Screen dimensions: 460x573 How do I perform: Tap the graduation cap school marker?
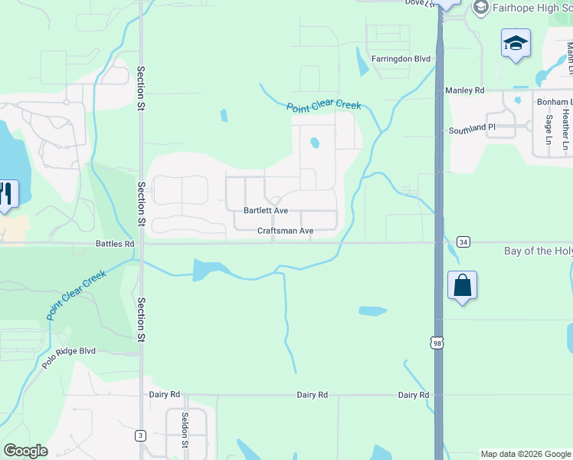516,43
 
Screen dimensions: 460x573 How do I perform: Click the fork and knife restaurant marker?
6,194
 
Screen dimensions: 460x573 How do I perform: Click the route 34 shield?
463,242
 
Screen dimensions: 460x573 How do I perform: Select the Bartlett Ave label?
266,210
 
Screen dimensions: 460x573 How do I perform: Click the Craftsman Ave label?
285,231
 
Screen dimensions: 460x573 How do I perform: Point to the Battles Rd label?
115,244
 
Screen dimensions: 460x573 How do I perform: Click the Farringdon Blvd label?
401,58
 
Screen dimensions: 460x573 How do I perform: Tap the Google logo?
25,451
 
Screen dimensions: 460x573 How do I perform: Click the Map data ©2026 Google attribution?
526,454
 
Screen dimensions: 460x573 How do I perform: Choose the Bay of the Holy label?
539,251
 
